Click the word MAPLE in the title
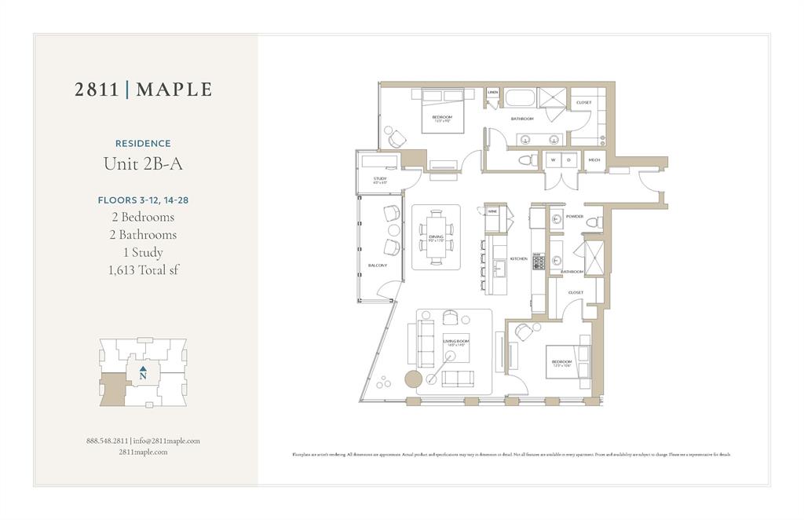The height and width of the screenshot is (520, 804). click(x=174, y=90)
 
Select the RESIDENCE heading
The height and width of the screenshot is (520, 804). click(x=143, y=144)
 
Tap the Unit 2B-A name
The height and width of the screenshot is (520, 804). click(x=143, y=164)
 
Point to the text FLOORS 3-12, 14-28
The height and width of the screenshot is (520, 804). click(x=143, y=200)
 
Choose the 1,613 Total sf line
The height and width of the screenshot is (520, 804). click(x=143, y=271)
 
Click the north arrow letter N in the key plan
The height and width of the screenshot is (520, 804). click(x=143, y=376)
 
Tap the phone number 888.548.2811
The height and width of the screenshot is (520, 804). click(x=108, y=441)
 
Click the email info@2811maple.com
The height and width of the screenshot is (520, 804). click(x=166, y=441)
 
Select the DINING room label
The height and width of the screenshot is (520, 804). click(x=436, y=236)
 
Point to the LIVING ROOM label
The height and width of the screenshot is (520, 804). click(x=456, y=342)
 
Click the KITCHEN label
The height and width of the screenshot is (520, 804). click(x=519, y=258)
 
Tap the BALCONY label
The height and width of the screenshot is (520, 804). click(x=378, y=265)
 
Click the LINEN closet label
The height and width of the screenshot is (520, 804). click(x=492, y=93)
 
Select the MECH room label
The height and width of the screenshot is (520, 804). click(x=594, y=160)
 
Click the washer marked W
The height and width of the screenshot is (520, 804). click(x=553, y=160)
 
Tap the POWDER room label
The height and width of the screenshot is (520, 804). click(x=575, y=216)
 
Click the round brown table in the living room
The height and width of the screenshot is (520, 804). click(x=414, y=379)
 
